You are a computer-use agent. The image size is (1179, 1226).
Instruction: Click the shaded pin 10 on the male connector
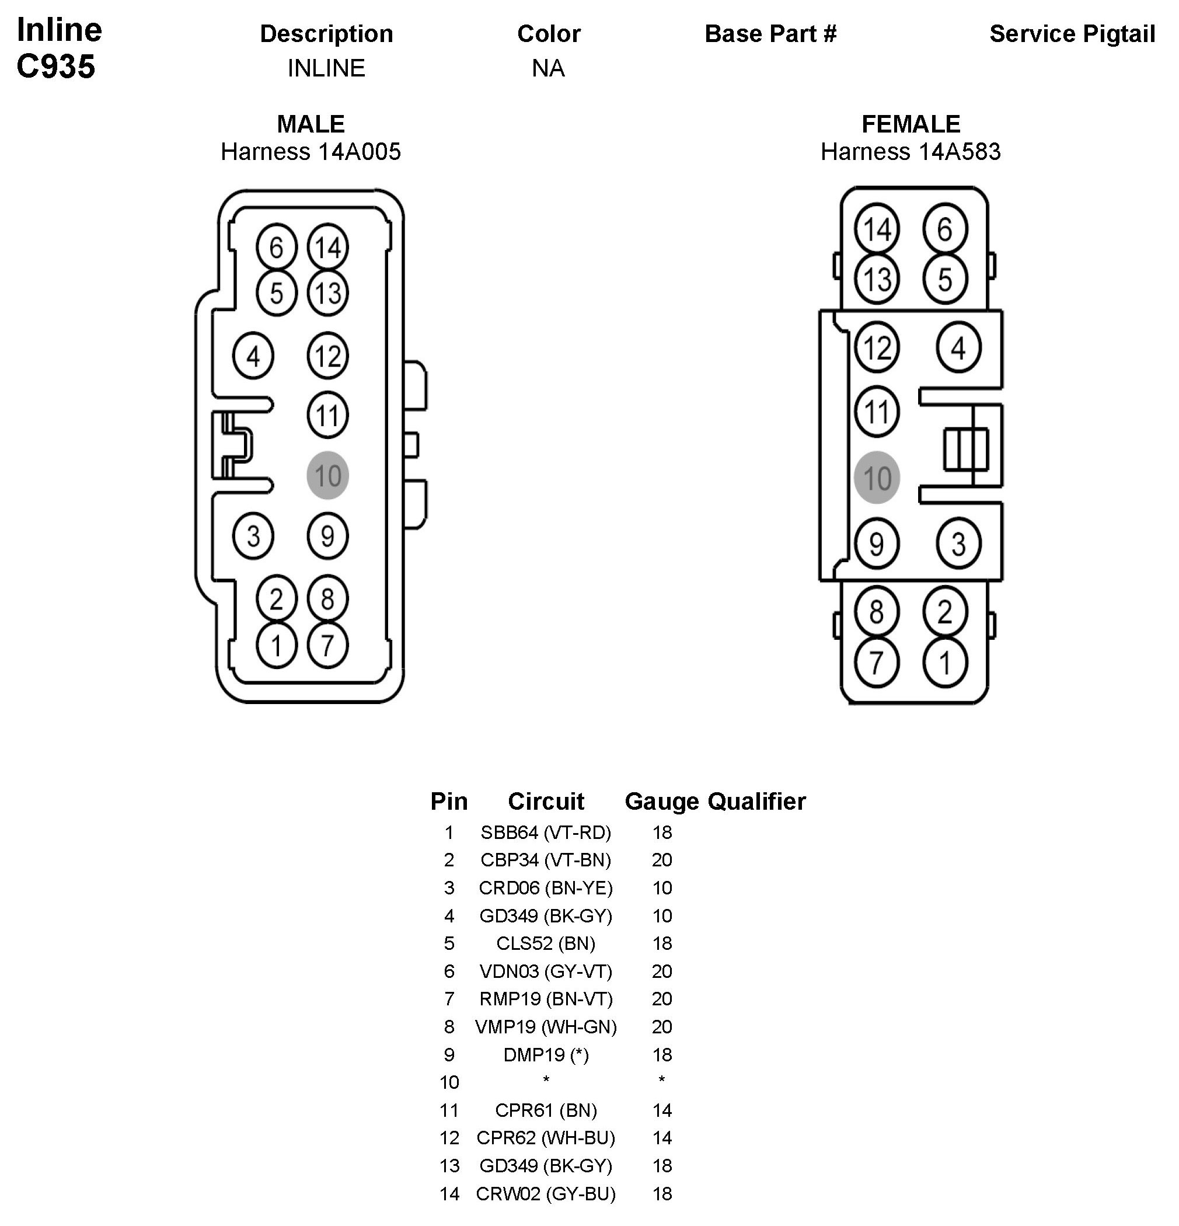coord(327,475)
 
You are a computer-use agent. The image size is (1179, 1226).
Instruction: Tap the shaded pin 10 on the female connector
coord(876,478)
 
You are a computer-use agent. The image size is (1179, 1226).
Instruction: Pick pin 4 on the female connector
coord(958,347)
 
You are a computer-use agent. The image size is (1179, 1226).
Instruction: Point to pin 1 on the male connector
coord(277,645)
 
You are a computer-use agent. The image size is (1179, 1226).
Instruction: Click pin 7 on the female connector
coord(876,663)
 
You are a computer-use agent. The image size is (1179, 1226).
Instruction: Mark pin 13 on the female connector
coord(876,279)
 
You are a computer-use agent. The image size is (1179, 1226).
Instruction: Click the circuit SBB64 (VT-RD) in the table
coord(545,833)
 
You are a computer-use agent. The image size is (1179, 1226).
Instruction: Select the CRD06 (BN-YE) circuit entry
coord(545,888)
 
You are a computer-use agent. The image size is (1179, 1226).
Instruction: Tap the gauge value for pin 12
coord(662,1138)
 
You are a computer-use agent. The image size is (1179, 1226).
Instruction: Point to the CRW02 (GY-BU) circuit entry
coord(545,1194)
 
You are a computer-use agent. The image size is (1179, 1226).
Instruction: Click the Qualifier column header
coord(757,801)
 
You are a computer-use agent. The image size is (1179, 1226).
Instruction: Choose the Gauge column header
coord(662,801)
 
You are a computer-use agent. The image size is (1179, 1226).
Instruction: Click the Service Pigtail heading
coord(1072,34)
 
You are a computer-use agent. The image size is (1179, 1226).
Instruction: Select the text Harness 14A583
coord(911,151)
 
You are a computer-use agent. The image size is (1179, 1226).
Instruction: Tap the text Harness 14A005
coord(311,151)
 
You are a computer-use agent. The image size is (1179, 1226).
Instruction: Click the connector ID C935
coord(55,67)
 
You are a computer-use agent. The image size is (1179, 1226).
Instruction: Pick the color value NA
coord(548,68)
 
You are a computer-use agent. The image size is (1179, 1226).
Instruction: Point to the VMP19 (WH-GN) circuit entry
coord(545,1027)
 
